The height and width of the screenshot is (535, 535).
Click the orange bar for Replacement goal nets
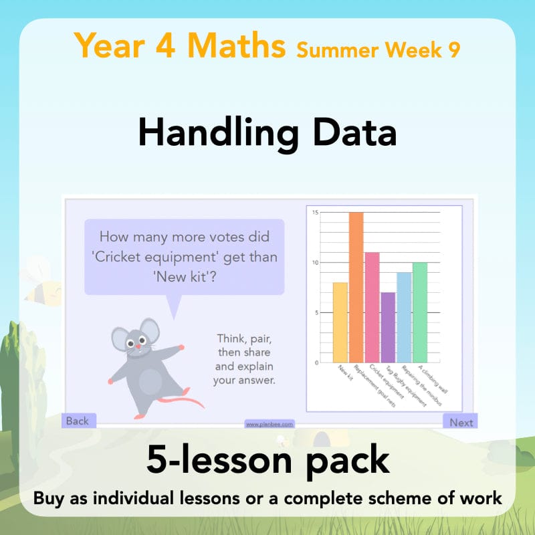pos(356,288)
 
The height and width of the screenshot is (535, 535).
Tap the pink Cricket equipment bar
pos(372,308)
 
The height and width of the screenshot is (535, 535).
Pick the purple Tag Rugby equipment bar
pos(388,328)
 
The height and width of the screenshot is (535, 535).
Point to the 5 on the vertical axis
pos(316,312)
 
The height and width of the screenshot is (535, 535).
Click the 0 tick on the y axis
pos(316,362)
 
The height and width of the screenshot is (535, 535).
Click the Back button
pos(78,421)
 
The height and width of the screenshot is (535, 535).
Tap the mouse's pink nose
pos(139,347)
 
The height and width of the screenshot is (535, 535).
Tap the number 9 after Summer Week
pos(453,51)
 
